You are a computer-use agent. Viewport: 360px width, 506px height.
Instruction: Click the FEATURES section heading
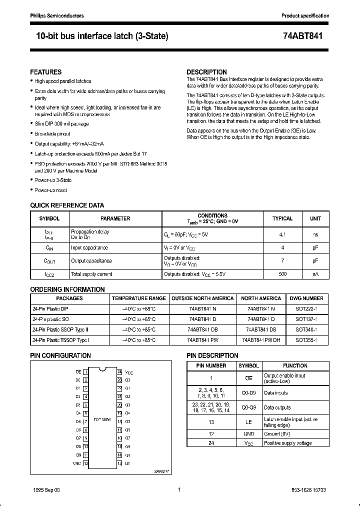coord(46,72)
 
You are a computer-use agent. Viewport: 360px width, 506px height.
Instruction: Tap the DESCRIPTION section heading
coord(206,72)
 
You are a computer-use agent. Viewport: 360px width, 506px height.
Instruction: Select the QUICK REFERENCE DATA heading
coord(67,205)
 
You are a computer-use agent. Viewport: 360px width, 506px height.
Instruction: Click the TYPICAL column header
coord(282,218)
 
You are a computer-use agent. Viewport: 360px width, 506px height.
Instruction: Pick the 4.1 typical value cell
coord(282,234)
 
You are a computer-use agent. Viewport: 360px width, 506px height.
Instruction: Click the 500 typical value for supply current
coord(282,274)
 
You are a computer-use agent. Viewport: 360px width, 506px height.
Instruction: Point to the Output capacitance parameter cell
coord(91,261)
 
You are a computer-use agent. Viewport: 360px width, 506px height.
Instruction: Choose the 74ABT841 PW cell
coord(202,340)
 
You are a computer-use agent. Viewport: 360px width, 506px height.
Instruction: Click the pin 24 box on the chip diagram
coord(119,372)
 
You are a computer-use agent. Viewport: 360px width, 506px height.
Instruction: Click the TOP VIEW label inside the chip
coord(102,419)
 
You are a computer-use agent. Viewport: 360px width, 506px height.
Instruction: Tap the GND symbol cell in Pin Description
coord(248,434)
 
